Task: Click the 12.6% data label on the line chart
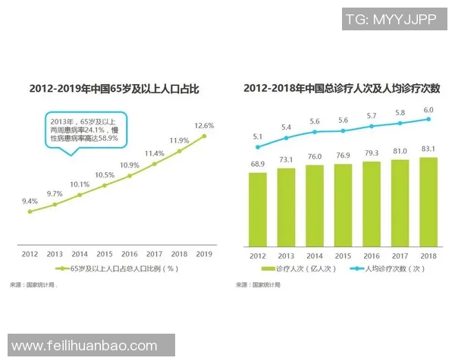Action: (204, 125)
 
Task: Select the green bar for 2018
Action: (428, 202)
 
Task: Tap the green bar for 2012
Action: (258, 209)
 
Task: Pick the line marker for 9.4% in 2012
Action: (30, 212)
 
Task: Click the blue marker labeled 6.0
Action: (428, 119)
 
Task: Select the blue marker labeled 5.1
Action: (258, 146)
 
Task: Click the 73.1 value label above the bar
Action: (287, 160)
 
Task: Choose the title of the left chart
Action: (114, 89)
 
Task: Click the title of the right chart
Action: (344, 89)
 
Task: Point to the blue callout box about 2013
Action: (83, 130)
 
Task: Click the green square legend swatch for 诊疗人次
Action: (265, 268)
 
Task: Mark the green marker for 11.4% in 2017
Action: (154, 163)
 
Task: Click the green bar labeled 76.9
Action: (344, 206)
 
